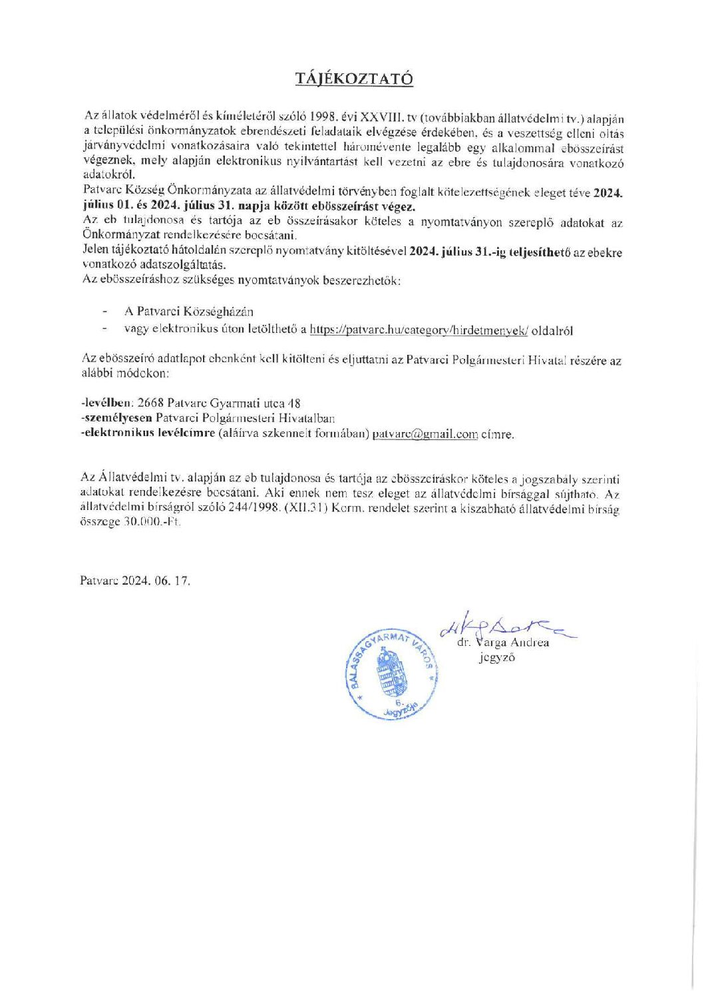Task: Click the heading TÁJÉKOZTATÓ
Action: pyautogui.click(x=355, y=79)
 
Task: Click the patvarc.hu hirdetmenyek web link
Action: pyautogui.click(x=419, y=330)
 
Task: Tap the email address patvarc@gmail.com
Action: pyautogui.click(x=425, y=434)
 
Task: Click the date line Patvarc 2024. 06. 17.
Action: pyautogui.click(x=135, y=580)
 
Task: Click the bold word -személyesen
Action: pyautogui.click(x=116, y=418)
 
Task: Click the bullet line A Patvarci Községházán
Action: pyautogui.click(x=188, y=312)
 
